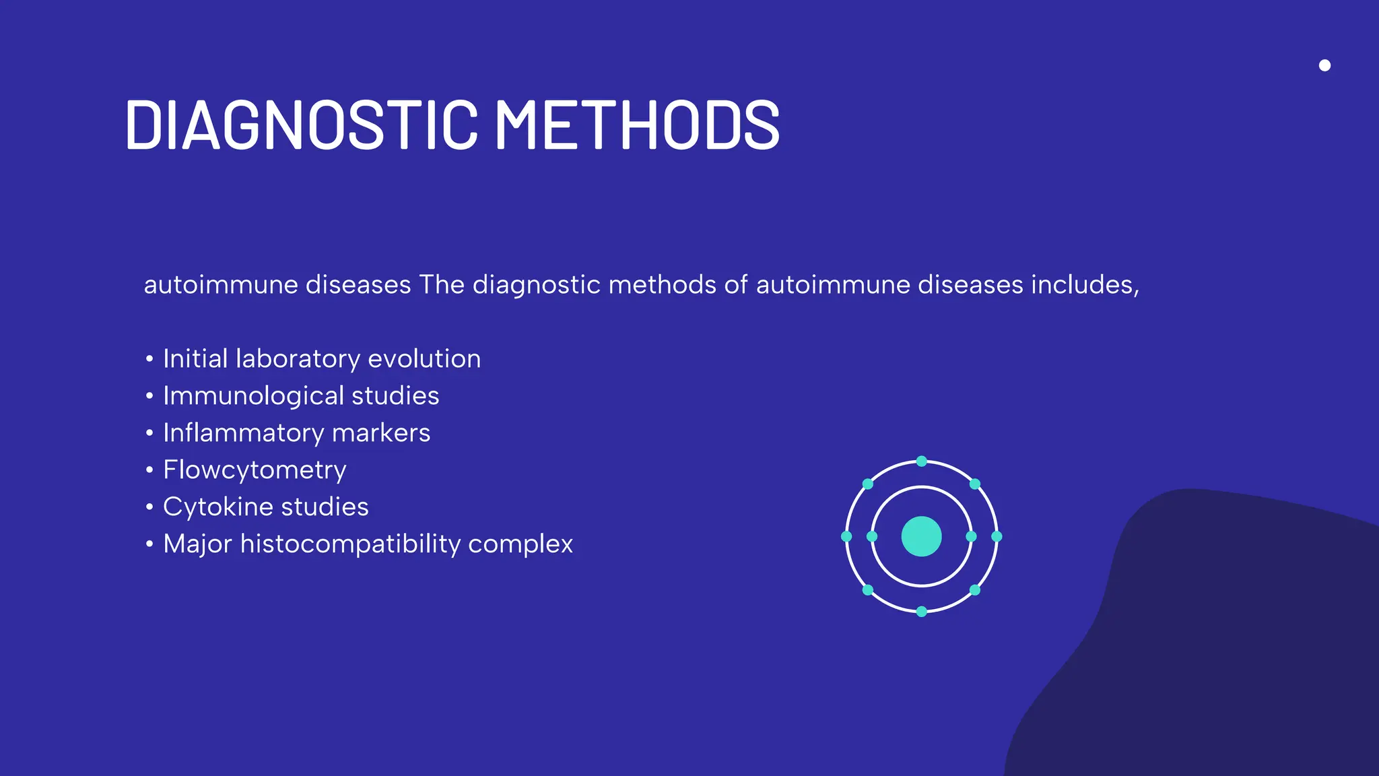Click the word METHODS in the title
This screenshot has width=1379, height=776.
(x=637, y=125)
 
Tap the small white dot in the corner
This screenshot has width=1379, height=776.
(x=1324, y=65)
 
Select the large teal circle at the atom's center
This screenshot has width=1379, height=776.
(x=921, y=536)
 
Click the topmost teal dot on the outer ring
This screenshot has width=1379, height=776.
(x=922, y=461)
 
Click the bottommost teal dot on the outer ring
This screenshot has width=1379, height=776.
(x=922, y=612)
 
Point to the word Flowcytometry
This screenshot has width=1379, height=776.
(x=255, y=470)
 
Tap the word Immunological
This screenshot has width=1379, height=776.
(x=253, y=396)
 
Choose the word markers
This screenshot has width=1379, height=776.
(x=381, y=433)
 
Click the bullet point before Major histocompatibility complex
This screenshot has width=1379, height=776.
(x=149, y=544)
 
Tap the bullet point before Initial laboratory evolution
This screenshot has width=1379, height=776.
(x=149, y=358)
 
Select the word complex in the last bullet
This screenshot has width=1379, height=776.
(x=520, y=544)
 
